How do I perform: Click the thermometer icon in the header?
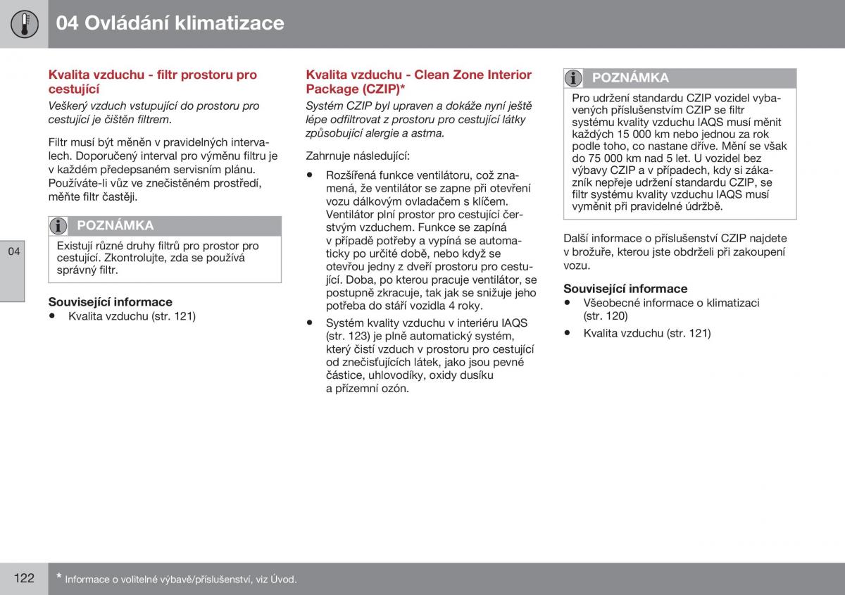pos(24,24)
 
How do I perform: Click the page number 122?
pos(23,578)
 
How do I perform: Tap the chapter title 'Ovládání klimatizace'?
pos(184,23)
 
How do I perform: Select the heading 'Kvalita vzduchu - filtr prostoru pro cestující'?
pos(152,82)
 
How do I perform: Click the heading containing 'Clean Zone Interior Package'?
pos(418,82)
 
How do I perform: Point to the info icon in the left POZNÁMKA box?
pos(59,226)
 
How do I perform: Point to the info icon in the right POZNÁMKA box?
pos(575,78)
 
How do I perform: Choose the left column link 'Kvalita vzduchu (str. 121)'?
pos(132,316)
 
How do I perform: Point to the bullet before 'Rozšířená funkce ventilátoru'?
pos(310,175)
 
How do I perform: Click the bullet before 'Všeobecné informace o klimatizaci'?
pos(568,303)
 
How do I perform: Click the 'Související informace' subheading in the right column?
pos(625,289)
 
